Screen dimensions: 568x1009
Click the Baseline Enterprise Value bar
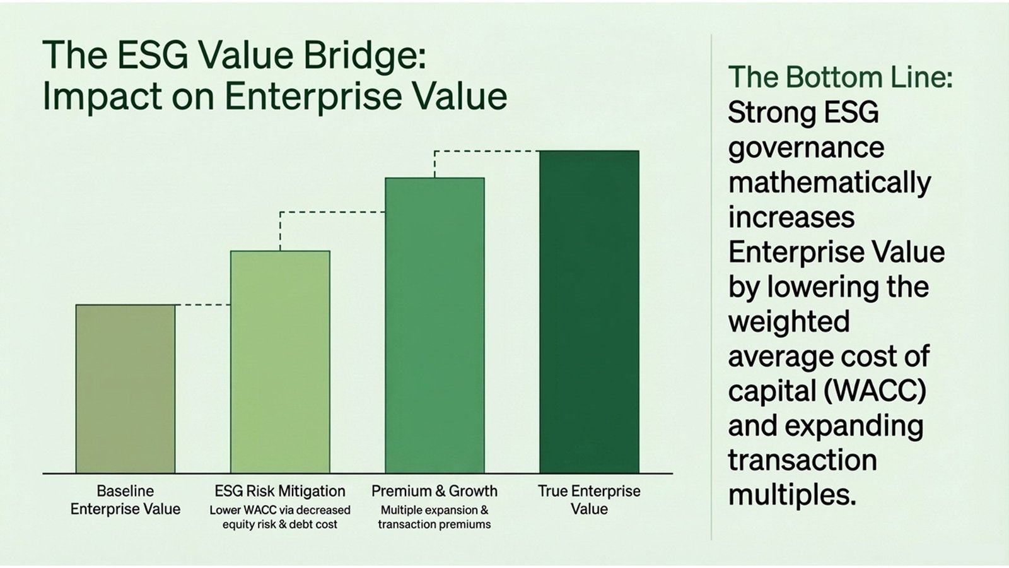125,389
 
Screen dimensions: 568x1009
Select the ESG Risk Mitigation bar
280,362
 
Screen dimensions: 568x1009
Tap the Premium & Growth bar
435,325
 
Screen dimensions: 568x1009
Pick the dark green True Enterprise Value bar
589,312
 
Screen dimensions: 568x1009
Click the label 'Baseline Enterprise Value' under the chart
125,500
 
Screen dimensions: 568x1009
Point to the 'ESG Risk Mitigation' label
280,491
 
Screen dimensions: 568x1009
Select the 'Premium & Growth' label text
435,491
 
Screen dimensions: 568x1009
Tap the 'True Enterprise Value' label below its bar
589,500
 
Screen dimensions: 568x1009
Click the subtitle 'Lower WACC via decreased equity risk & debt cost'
280,517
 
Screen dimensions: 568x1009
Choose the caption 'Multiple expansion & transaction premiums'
435,517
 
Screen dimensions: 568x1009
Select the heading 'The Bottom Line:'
840,78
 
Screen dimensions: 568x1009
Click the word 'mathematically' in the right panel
829,183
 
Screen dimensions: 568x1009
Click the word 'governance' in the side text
806,148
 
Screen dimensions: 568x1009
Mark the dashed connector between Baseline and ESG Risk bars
202,305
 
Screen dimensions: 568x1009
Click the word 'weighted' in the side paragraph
789,322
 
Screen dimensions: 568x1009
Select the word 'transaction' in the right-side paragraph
802,461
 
